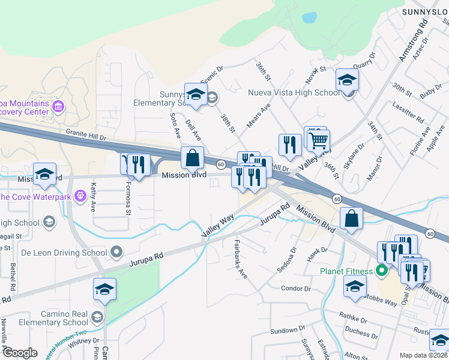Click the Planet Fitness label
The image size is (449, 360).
345,271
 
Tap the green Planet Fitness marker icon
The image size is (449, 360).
380,271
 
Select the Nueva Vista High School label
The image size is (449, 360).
294,93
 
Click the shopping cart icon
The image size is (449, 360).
318,140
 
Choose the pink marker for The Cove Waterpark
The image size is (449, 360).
79,197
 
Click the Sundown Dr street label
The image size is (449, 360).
284,330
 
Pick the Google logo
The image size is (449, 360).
19,353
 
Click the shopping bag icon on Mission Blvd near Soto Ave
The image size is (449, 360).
193,158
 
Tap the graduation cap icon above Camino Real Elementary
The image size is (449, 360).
105,290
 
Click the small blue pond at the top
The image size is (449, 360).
309,17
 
